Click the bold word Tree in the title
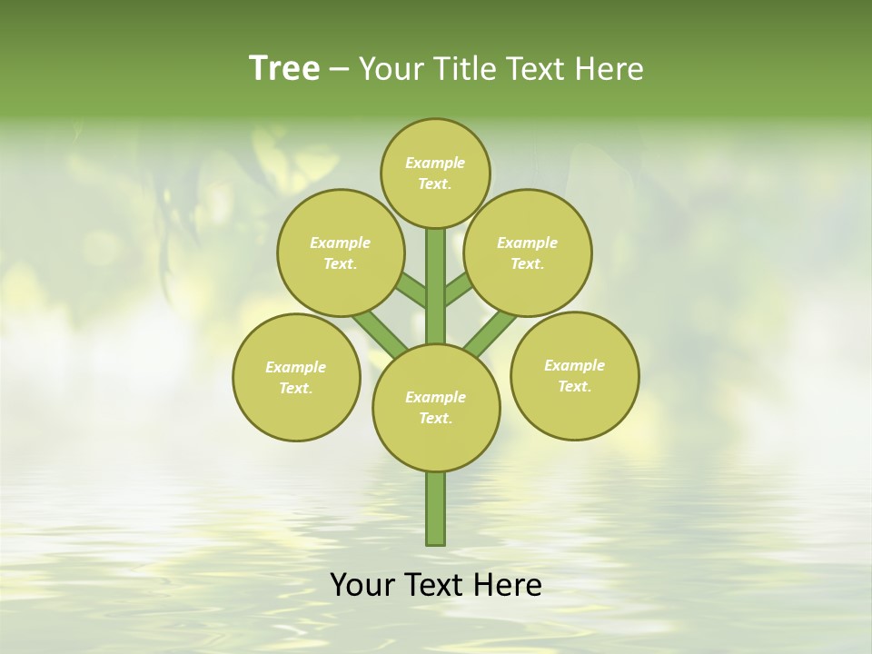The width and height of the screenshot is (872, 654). (284, 68)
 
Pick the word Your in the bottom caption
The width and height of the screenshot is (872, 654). (362, 585)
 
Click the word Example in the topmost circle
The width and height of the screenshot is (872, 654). (435, 163)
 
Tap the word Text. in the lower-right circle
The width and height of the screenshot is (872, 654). (574, 387)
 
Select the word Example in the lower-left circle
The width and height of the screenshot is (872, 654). (295, 368)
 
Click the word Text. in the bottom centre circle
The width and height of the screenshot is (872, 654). (436, 419)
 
